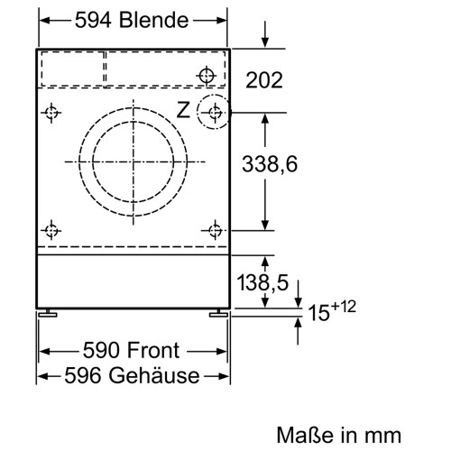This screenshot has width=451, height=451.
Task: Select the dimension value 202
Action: pyautogui.click(x=263, y=80)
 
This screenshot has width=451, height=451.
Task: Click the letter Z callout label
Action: pyautogui.click(x=183, y=111)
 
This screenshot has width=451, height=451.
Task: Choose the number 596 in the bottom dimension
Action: pyautogui.click(x=81, y=376)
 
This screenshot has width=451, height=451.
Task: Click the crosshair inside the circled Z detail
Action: pyautogui.click(x=214, y=112)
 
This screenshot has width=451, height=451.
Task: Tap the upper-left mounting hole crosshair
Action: pyautogui.click(x=51, y=113)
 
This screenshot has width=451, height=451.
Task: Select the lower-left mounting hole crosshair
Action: pyautogui.click(x=51, y=229)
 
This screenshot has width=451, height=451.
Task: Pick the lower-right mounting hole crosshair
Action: pyautogui.click(x=214, y=229)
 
